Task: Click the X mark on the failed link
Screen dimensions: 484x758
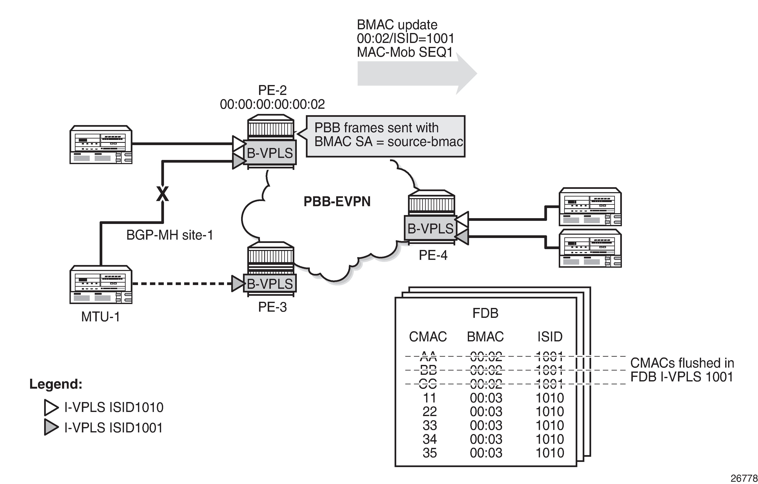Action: tap(163, 194)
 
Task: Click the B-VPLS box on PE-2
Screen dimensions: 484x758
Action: tap(270, 153)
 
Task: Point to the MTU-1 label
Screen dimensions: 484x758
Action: tap(100, 317)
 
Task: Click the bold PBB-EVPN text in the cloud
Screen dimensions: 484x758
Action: tap(337, 201)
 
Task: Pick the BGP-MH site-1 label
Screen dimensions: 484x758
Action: tap(170, 235)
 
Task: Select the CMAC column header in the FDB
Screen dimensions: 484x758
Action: tap(428, 337)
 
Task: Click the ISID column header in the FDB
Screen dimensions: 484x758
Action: tap(550, 337)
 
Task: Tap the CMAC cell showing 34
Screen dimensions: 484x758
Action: tap(429, 439)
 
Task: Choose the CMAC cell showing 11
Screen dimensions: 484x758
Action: tap(429, 398)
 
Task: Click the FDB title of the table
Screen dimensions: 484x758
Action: tap(485, 313)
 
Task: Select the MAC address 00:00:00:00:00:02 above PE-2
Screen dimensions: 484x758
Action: tap(272, 104)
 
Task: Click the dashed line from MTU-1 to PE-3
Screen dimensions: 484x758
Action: tap(183, 284)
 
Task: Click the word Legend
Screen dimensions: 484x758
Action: tap(56, 384)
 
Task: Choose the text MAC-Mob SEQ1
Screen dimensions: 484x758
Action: tap(404, 52)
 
